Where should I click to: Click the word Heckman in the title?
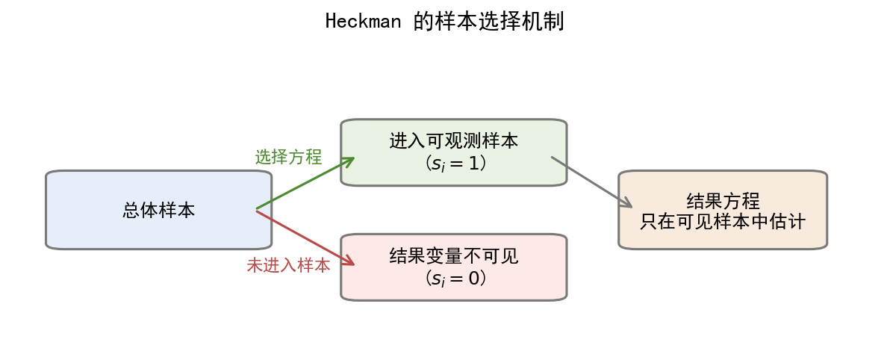point(364,21)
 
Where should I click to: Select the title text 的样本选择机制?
point(489,21)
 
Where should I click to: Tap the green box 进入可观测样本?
point(453,173)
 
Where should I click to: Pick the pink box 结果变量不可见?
point(453,291)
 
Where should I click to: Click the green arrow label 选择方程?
point(288,157)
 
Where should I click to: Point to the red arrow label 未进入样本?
point(288,265)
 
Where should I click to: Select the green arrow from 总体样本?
point(302,184)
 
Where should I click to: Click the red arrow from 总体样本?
point(302,237)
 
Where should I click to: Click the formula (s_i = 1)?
point(454,162)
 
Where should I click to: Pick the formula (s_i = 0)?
point(454,278)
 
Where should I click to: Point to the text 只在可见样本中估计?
point(723,222)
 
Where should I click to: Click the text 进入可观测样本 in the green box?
point(454,140)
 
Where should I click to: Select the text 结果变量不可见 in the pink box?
point(454,256)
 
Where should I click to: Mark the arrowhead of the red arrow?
point(349,262)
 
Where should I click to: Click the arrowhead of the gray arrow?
point(627,204)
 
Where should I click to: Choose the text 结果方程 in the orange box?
point(723,201)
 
